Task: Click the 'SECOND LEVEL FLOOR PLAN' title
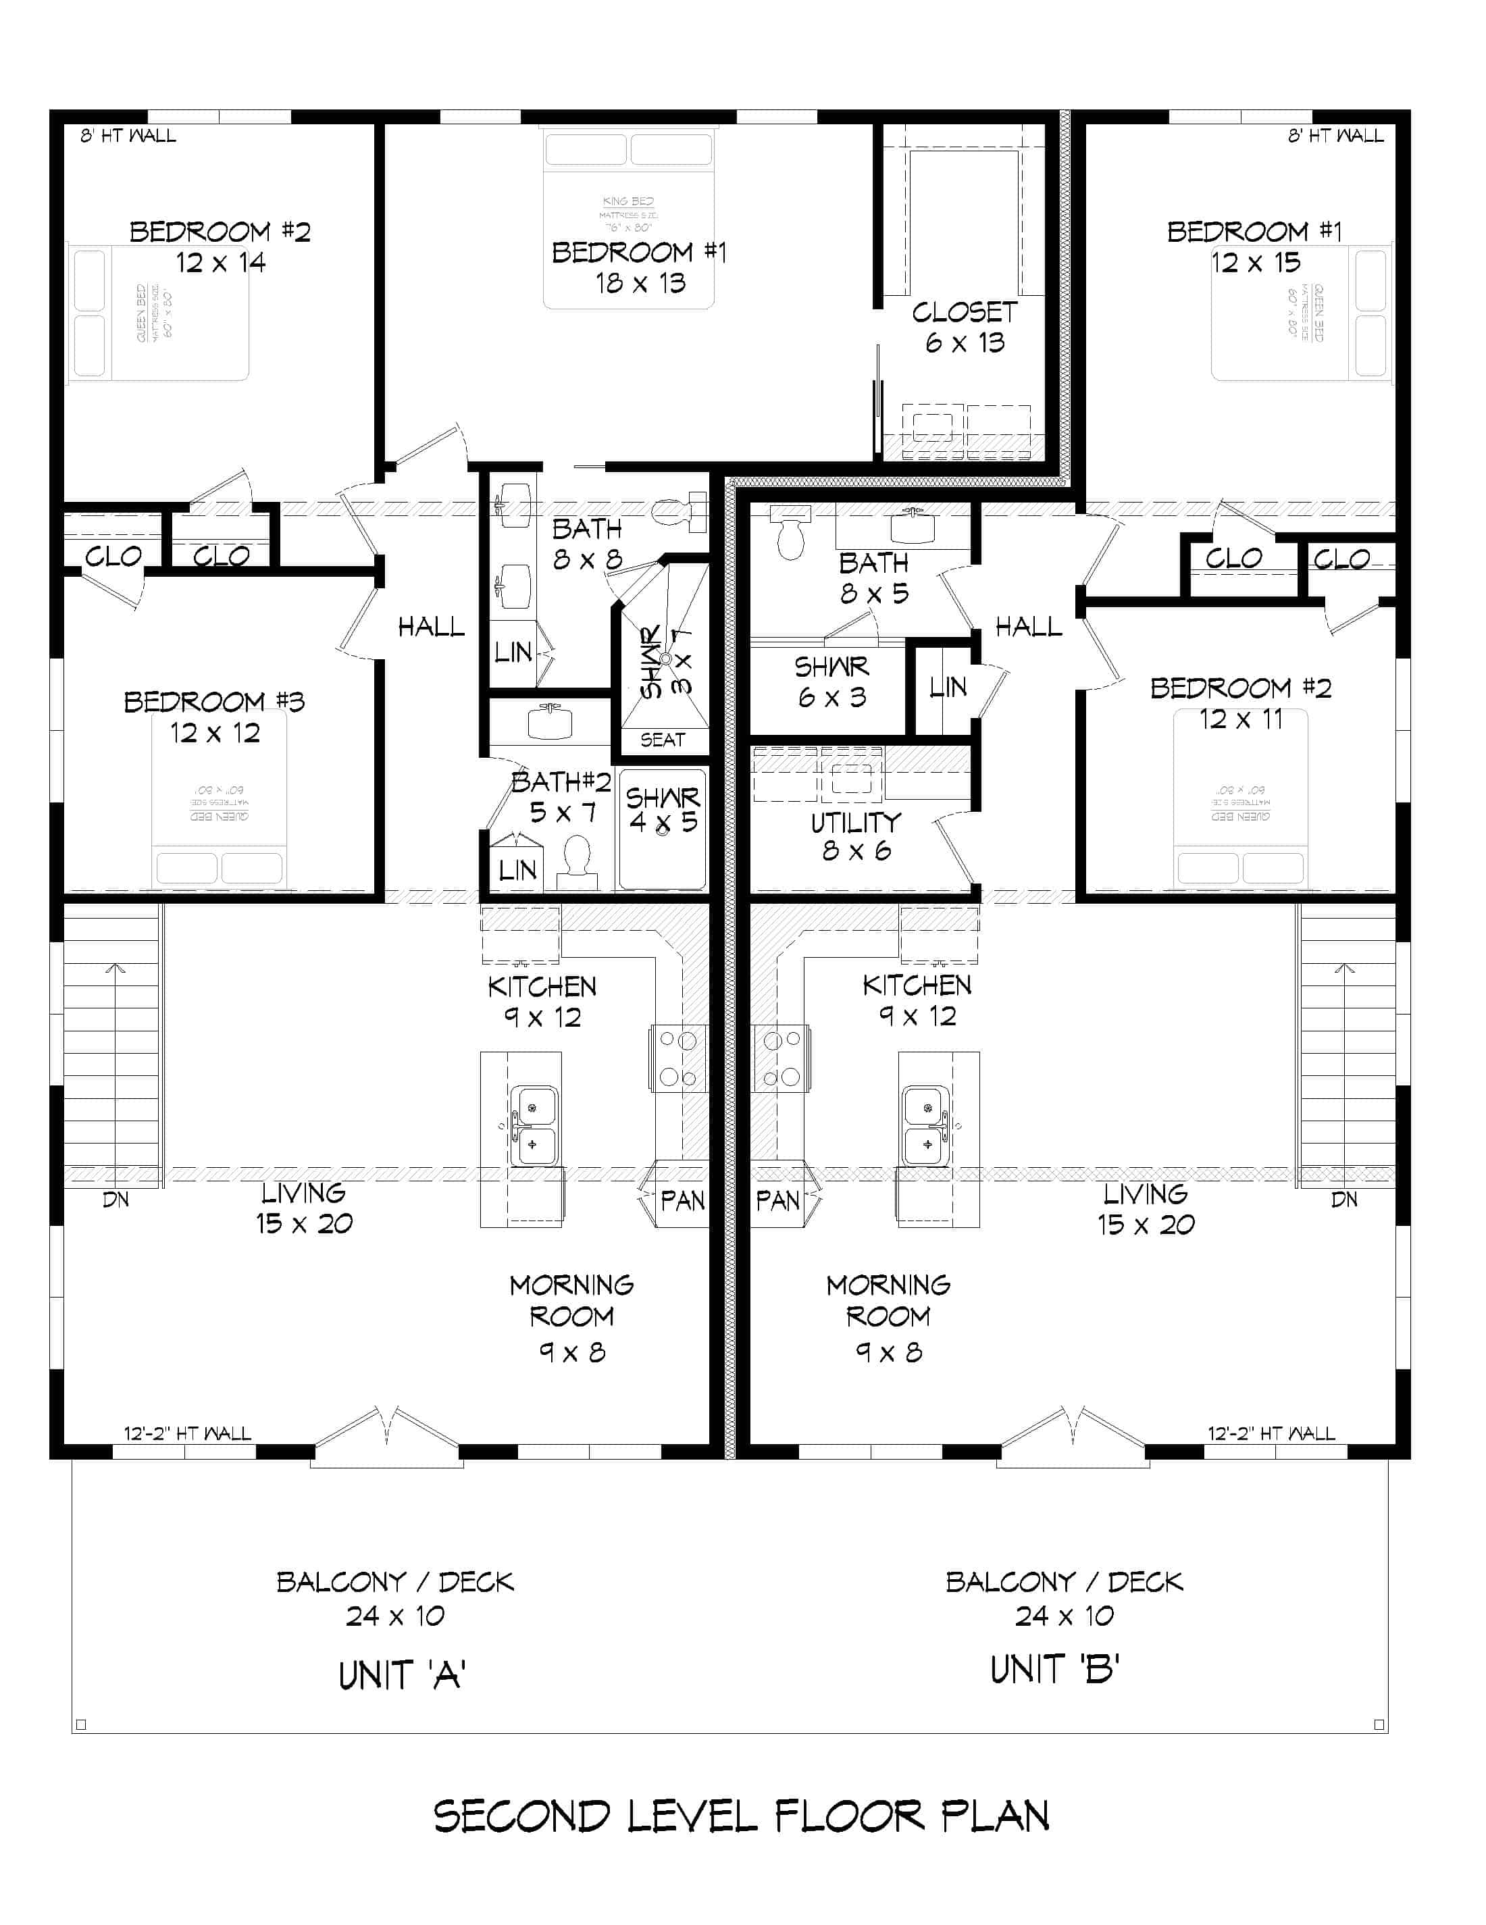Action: [x=741, y=1816]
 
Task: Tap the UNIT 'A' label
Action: [x=402, y=1674]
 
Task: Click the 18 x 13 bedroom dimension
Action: [x=640, y=283]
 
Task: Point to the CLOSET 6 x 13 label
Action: [x=965, y=327]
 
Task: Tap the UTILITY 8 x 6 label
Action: [x=856, y=836]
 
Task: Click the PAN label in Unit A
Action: [x=682, y=1200]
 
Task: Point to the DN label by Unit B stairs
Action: [x=1343, y=1200]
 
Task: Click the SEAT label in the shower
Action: [x=662, y=740]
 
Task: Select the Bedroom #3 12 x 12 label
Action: [x=214, y=717]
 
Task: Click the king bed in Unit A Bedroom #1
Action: [x=628, y=220]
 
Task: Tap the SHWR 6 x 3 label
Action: [x=831, y=682]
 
